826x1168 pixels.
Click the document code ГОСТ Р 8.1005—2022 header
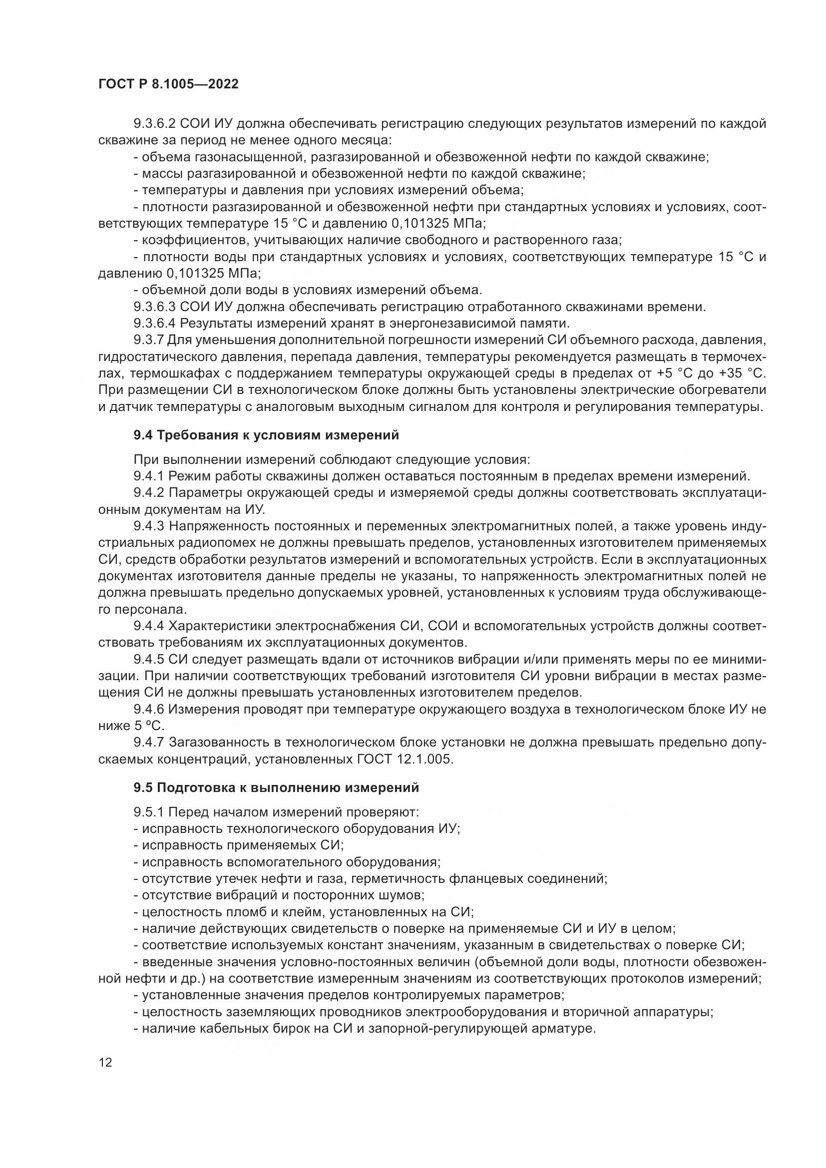168,84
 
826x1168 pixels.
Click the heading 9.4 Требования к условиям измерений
266,435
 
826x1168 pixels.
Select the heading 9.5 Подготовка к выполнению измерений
276,787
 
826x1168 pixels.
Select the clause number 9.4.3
148,526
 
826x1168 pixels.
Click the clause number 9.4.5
148,660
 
